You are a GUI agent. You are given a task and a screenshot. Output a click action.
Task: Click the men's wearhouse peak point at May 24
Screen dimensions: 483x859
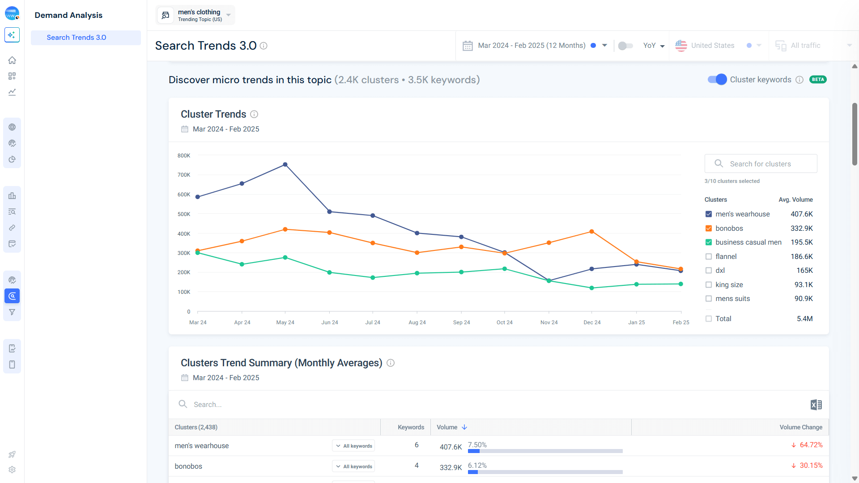click(285, 165)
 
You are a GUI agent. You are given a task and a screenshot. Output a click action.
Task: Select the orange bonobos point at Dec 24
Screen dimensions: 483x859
click(591, 232)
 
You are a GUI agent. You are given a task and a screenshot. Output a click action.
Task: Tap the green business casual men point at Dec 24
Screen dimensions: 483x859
click(591, 288)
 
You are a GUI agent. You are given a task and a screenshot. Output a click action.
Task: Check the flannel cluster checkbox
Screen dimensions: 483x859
click(709, 256)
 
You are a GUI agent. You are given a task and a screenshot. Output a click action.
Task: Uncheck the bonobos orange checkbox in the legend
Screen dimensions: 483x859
click(709, 228)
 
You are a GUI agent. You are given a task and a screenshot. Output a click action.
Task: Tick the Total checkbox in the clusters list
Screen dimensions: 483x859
click(709, 318)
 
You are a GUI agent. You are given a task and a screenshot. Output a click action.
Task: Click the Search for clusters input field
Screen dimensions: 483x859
click(767, 164)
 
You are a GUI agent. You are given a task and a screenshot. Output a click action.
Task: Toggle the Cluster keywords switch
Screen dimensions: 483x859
click(717, 80)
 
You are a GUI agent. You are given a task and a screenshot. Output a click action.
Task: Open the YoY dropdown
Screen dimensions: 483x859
click(654, 46)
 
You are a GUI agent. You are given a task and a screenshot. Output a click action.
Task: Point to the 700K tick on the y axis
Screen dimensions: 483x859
click(184, 175)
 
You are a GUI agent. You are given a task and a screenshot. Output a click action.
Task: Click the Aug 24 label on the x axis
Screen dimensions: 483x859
click(417, 322)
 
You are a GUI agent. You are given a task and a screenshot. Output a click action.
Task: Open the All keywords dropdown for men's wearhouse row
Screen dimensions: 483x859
click(353, 446)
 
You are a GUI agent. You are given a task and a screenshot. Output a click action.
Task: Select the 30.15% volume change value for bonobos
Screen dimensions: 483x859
click(811, 466)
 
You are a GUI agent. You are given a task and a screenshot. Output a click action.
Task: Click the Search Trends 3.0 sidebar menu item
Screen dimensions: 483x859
click(77, 38)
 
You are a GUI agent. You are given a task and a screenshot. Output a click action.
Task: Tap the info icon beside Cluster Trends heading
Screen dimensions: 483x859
click(254, 114)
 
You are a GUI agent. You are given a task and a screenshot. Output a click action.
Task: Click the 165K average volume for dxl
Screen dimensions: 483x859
click(804, 271)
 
